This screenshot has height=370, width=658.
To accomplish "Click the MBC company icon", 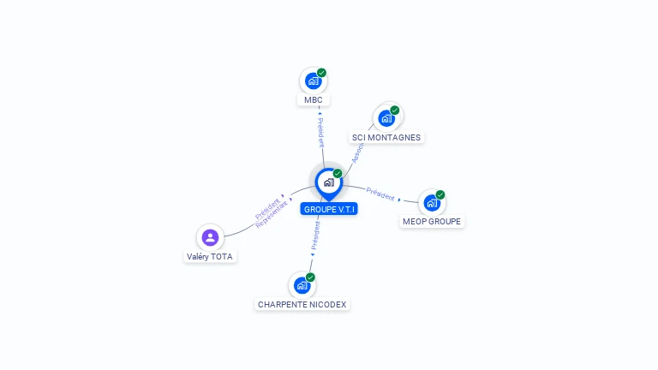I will (314, 81).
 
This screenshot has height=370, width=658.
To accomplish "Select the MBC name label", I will (314, 100).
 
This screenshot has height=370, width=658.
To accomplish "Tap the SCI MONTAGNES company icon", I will (386, 118).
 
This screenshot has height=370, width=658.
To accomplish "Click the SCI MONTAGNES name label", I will (386, 137).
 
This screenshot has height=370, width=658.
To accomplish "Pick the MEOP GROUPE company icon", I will (432, 203).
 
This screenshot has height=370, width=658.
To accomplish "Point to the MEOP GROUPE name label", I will (432, 222).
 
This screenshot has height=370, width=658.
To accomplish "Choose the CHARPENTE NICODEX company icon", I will (302, 285).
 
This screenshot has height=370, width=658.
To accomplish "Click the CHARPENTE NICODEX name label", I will (303, 304).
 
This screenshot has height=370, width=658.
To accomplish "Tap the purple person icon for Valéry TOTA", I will (210, 237).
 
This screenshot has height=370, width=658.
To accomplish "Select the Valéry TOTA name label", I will (210, 256).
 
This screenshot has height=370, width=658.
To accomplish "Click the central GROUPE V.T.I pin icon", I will (328, 182).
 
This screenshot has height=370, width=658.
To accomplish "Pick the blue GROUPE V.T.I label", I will (329, 209).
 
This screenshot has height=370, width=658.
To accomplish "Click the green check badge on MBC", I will (321, 73).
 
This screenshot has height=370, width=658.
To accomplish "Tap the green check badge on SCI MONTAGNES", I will (395, 110).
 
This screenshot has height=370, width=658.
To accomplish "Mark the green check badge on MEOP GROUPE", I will (440, 194).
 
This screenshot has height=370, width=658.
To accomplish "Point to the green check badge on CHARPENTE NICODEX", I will (310, 277).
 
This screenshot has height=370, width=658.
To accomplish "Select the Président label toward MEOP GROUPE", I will (380, 194).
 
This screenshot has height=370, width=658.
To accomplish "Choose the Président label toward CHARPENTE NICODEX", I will (315, 236).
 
